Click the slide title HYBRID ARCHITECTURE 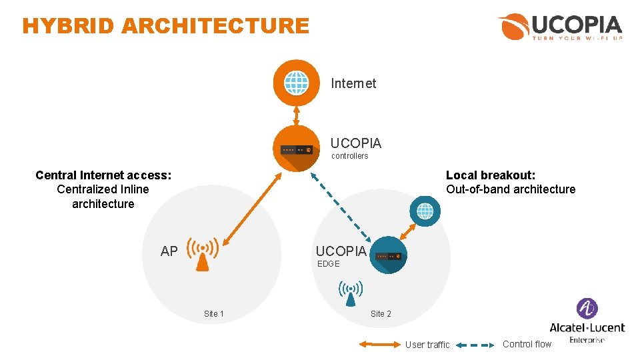(x=165, y=26)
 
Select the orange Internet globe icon (x=297, y=83)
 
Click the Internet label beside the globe (x=353, y=83)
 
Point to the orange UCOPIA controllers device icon (x=297, y=149)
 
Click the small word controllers (x=350, y=156)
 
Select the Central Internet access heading (x=103, y=175)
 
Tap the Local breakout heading (x=491, y=175)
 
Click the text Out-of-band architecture (x=511, y=189)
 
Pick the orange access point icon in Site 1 (x=203, y=253)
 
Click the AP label (x=169, y=251)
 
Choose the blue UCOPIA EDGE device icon (x=389, y=255)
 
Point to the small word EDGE (x=329, y=264)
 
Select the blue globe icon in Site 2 (x=425, y=211)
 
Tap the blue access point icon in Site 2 (x=351, y=292)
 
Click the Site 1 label (x=214, y=314)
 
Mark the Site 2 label (x=381, y=314)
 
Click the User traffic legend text (x=427, y=345)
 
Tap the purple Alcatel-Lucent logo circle (x=587, y=309)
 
